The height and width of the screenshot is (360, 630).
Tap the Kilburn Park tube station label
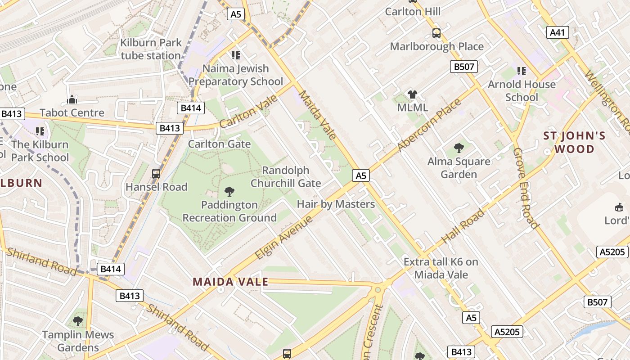pyautogui.click(x=151, y=49)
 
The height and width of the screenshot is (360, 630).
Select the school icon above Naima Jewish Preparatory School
pyautogui.click(x=235, y=55)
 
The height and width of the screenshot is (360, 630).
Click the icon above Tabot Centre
pyautogui.click(x=72, y=99)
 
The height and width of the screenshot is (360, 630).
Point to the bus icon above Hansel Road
pyautogui.click(x=156, y=173)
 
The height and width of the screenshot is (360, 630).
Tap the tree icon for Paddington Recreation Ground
pyautogui.click(x=229, y=192)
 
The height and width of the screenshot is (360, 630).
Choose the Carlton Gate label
pyautogui.click(x=219, y=144)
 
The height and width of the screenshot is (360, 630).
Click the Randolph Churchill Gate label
pyautogui.click(x=286, y=177)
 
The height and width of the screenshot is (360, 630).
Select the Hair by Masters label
pyautogui.click(x=336, y=204)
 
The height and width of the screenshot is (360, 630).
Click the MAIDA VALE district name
pyautogui.click(x=230, y=282)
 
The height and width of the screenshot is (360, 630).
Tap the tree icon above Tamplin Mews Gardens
pyautogui.click(x=78, y=321)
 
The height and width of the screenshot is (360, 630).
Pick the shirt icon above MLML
pyautogui.click(x=413, y=94)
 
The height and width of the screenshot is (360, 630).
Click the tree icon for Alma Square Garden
pyautogui.click(x=459, y=148)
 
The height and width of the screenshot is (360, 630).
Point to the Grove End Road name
pyautogui.click(x=525, y=188)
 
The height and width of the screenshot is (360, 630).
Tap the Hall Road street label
pyautogui.click(x=463, y=226)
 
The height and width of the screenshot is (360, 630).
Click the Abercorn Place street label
pyautogui.click(x=430, y=125)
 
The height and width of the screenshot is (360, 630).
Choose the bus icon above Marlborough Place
pyautogui.click(x=436, y=33)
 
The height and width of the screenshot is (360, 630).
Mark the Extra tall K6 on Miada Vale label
pyautogui.click(x=441, y=268)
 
